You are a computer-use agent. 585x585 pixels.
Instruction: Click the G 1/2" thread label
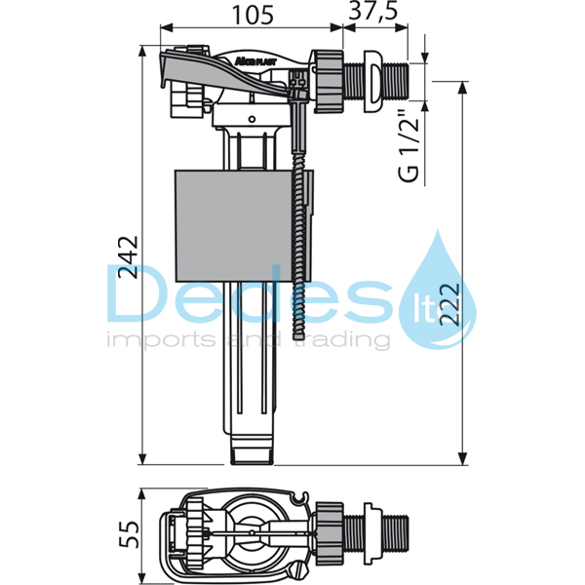coord(410,146)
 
